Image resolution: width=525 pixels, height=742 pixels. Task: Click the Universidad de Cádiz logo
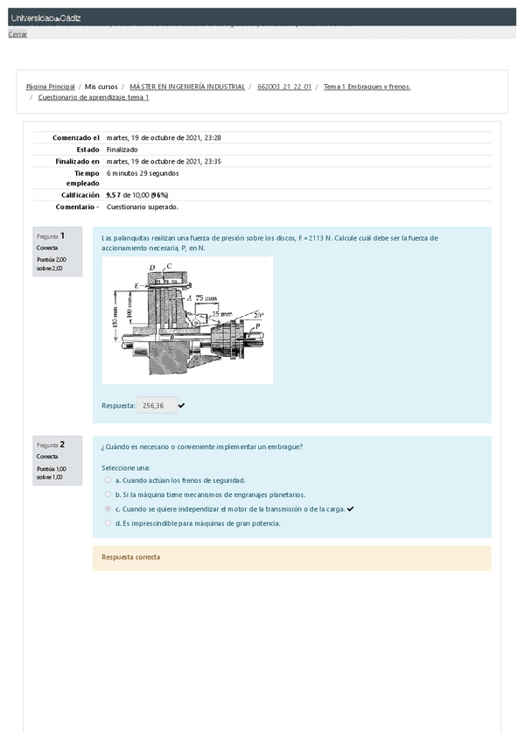pos(45,18)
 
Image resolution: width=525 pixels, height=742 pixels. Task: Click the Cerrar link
pos(17,34)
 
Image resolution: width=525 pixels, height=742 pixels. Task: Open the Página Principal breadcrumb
pos(50,87)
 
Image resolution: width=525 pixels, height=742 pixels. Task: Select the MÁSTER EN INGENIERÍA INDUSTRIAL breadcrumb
pos(187,87)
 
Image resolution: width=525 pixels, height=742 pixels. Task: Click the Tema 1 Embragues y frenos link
pos(367,87)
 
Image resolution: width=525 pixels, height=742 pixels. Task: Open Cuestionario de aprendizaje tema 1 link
pos(94,97)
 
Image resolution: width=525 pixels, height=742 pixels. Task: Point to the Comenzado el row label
pos(76,137)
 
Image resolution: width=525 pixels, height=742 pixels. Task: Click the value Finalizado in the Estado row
pos(122,149)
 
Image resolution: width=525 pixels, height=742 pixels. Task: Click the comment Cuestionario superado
pos(142,207)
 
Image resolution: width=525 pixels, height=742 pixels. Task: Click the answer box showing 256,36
pos(154,405)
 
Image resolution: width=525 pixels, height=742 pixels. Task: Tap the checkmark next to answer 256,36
pos(181,405)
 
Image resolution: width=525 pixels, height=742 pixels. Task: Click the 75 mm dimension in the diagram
pos(206,298)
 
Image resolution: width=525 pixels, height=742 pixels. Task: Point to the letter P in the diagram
pos(257,325)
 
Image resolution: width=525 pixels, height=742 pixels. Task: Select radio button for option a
pos(108,479)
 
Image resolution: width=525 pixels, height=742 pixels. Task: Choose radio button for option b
pos(108,494)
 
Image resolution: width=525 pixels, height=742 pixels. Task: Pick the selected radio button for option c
pos(108,508)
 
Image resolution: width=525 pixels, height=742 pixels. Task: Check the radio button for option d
pos(108,523)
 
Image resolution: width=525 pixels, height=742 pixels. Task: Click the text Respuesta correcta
pos(130,557)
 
